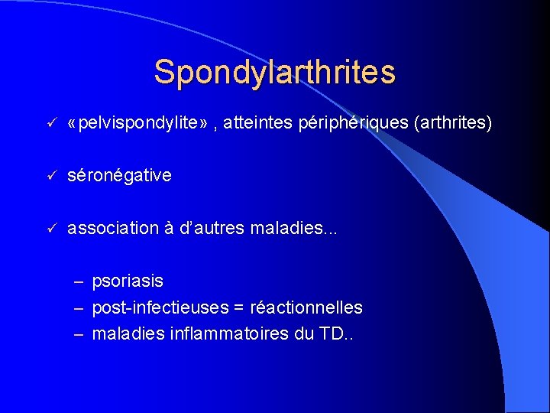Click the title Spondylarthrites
(x=274, y=72)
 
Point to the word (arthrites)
(x=452, y=123)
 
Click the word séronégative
(x=119, y=176)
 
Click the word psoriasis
(x=128, y=281)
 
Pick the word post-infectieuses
(x=160, y=308)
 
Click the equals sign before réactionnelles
(x=239, y=308)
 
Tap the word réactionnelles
(x=306, y=308)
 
